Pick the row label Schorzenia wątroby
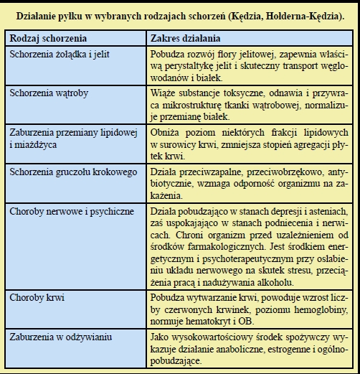pyautogui.click(x=48, y=93)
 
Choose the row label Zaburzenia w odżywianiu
pyautogui.click(x=61, y=335)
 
